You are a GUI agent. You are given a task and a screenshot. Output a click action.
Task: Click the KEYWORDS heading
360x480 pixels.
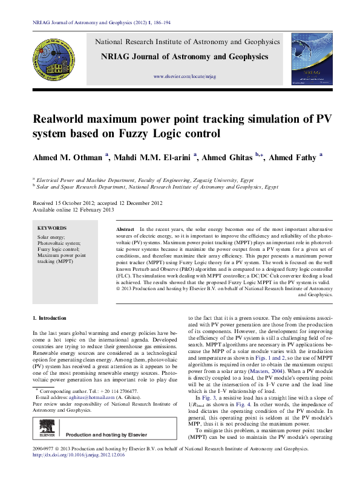click(x=56, y=228)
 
